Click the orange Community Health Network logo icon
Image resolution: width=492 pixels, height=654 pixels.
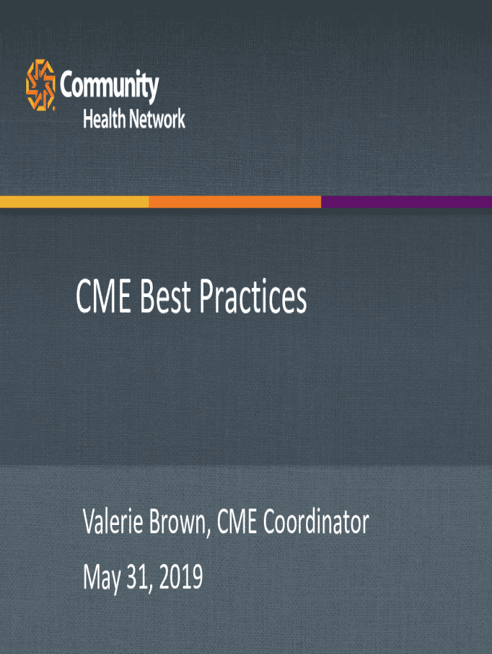point(40,85)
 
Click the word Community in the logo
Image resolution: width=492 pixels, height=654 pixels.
point(109,86)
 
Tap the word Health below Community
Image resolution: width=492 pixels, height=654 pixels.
point(104,119)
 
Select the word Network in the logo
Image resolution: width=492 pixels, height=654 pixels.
point(157,119)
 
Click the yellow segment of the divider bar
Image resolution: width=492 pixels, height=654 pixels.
point(74,202)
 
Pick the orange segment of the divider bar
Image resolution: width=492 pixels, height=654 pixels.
point(235,202)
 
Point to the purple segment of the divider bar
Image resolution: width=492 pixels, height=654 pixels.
point(406,202)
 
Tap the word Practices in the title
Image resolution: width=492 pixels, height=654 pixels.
point(253,296)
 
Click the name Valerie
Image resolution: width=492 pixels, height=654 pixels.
point(113,521)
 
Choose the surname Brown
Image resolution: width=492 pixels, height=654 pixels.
point(178,521)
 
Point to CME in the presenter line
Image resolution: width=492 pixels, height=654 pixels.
point(236,521)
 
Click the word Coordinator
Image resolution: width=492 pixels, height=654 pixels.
point(316,521)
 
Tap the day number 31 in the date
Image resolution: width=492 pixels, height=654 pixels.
point(137,577)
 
